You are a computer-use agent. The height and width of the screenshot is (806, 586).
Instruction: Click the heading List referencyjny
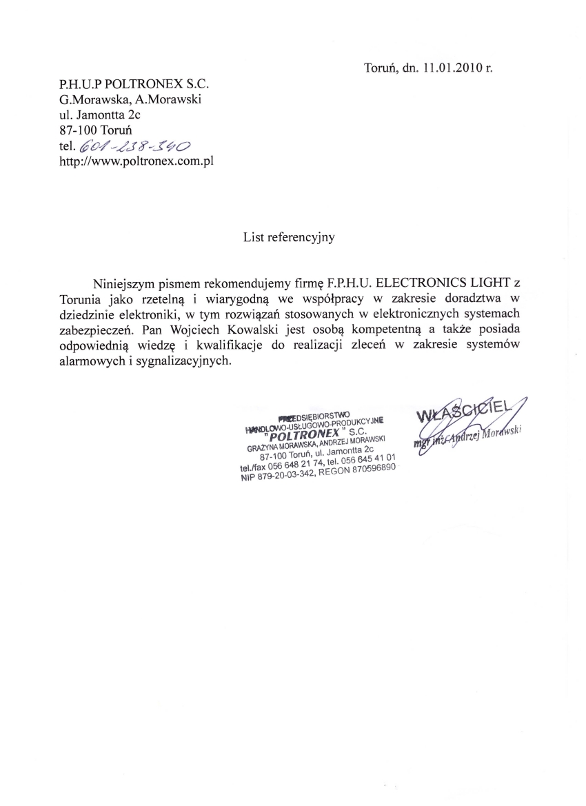click(288, 237)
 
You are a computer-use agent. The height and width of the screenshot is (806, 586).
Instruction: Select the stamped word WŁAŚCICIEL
click(468, 410)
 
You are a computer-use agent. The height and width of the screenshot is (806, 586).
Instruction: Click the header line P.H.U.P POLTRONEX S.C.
click(134, 84)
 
